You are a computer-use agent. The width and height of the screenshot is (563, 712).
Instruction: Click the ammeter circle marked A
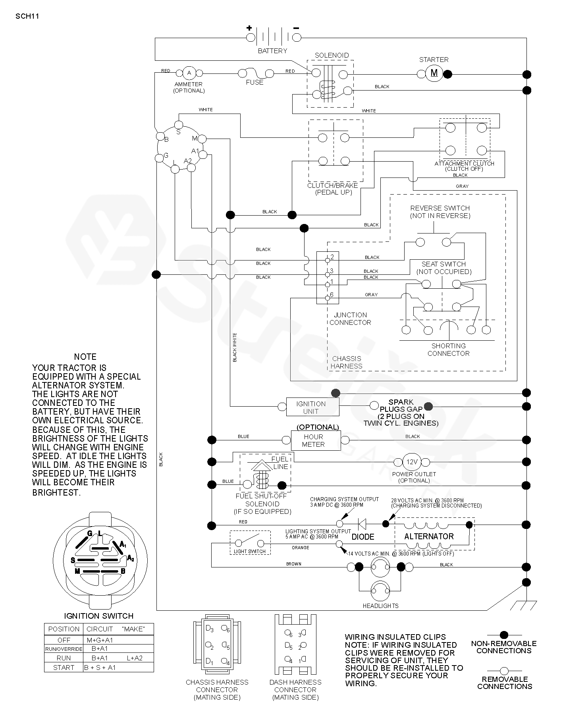point(189,73)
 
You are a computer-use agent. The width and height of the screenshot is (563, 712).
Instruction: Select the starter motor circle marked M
point(434,73)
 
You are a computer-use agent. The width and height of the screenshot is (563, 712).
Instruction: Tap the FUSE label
point(255,82)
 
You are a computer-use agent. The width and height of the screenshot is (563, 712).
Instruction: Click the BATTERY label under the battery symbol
point(272,51)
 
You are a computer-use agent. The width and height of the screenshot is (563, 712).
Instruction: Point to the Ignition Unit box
point(313,407)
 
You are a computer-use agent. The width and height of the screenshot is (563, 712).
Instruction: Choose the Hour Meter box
point(314,440)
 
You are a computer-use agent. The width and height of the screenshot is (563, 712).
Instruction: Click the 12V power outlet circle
point(412,462)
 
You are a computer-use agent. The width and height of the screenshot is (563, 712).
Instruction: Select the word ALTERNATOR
point(429,536)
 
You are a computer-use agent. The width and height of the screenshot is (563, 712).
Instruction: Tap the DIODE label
point(363,537)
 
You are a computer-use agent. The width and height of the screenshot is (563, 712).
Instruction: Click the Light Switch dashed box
point(250,542)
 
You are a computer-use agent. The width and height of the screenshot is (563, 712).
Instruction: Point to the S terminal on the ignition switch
point(179,125)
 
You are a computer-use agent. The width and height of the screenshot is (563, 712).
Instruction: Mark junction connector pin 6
point(328,297)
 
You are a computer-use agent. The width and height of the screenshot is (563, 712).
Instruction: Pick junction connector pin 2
point(328,260)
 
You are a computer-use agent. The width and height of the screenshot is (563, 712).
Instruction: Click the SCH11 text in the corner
point(27,16)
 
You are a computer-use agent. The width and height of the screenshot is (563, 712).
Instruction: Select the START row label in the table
point(64,668)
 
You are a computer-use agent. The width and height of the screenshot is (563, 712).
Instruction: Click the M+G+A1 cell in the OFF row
point(100,640)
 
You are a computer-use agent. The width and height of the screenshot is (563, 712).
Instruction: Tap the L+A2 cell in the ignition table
point(135,658)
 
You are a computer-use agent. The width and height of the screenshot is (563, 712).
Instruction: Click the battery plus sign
point(249,28)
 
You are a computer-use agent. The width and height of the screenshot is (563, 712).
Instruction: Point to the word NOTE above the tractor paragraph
point(85,357)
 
